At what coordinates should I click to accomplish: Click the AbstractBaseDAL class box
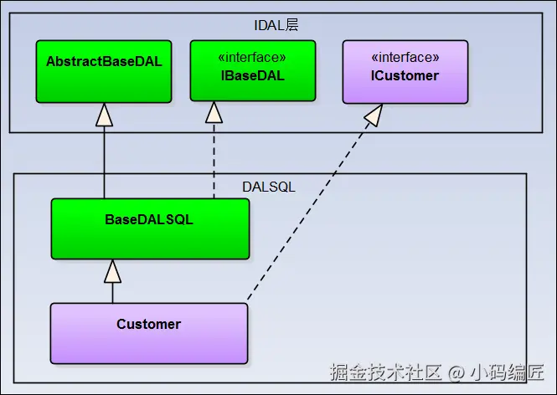click(x=104, y=71)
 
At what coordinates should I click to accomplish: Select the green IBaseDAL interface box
click(x=252, y=71)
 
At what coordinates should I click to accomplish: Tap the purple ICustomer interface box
click(x=405, y=71)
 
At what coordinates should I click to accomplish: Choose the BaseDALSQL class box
click(x=149, y=228)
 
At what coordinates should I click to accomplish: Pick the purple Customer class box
click(x=149, y=332)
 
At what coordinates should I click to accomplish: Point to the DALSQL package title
click(x=270, y=187)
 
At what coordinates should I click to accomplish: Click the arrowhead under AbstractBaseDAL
click(x=104, y=114)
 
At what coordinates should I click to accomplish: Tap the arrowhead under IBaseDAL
click(x=214, y=112)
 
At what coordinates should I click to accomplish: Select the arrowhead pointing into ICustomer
click(x=374, y=115)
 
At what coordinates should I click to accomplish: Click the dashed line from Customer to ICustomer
click(x=310, y=209)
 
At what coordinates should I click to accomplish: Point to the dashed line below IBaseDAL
click(x=214, y=159)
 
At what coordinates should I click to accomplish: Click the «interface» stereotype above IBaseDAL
click(x=252, y=58)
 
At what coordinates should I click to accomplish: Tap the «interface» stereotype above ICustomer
click(x=405, y=58)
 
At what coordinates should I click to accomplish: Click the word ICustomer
click(x=405, y=76)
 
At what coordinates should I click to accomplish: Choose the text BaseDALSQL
click(x=149, y=220)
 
